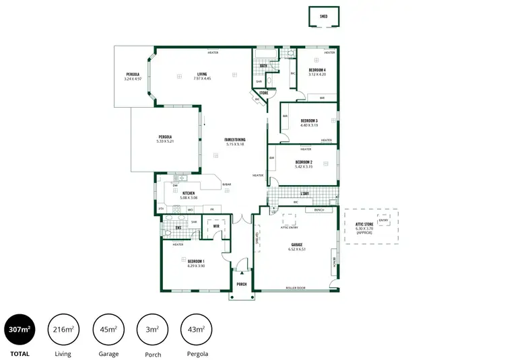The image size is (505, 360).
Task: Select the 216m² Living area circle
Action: tap(63, 329)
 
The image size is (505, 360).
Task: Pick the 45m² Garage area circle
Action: tap(108, 329)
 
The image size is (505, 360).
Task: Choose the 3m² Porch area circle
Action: tap(153, 329)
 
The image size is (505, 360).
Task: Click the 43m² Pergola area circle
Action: tap(197, 329)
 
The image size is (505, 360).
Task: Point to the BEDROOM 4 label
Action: tap(317, 70)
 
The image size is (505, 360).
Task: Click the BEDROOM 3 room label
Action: tap(309, 120)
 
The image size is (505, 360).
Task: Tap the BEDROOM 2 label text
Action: tap(304, 161)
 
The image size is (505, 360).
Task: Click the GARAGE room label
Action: tap(296, 244)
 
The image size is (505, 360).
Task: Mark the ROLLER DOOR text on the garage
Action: tap(296, 288)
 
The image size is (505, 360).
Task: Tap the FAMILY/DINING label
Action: tap(234, 139)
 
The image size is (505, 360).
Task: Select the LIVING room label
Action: tap(202, 74)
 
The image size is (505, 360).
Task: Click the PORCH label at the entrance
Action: tap(241, 284)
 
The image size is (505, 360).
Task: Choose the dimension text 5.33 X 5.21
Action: tap(165, 141)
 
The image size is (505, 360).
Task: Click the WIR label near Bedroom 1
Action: tap(216, 226)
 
